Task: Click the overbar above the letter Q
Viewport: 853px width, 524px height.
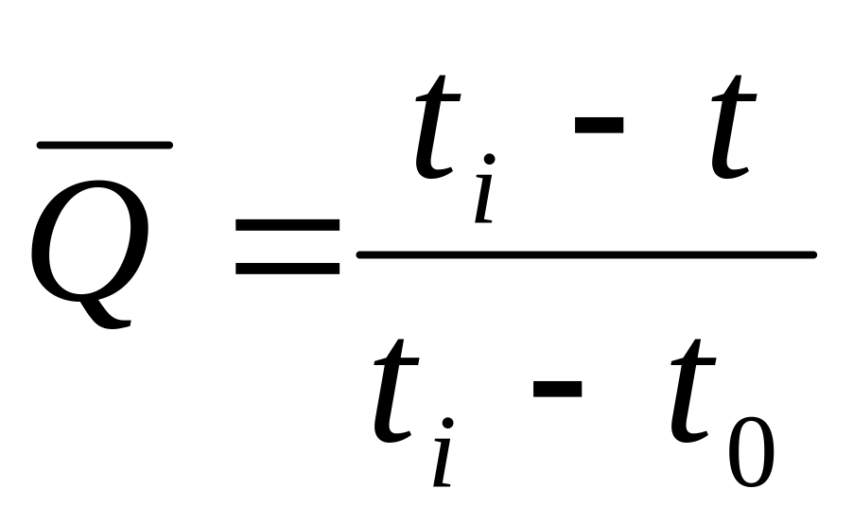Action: (104, 145)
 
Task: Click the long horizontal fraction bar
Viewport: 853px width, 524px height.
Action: (586, 254)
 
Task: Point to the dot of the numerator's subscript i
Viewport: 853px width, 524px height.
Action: (490, 160)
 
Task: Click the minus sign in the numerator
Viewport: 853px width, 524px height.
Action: (597, 124)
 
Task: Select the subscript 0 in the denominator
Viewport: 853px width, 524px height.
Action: (751, 454)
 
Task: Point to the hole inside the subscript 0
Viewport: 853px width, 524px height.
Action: (751, 454)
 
